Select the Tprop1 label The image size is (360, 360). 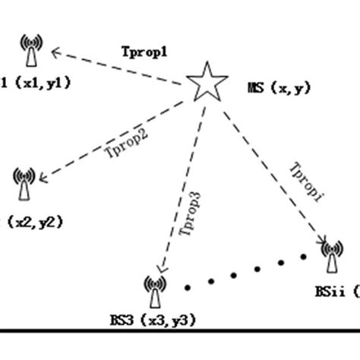click(x=144, y=52)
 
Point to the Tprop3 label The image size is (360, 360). click(x=191, y=216)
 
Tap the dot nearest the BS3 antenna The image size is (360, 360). click(x=187, y=287)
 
